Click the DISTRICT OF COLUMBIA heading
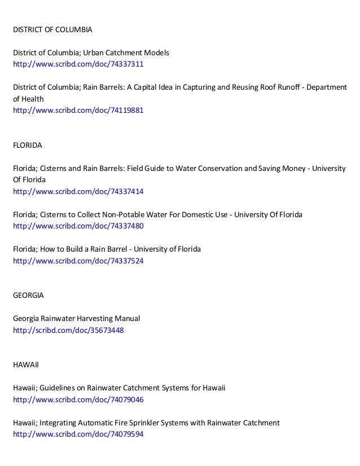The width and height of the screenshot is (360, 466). [x=52, y=29]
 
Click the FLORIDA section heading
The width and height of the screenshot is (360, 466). [x=27, y=145]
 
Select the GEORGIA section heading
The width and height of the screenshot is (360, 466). [x=28, y=295]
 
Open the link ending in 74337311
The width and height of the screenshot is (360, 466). [x=78, y=64]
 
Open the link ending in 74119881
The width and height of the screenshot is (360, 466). [x=78, y=111]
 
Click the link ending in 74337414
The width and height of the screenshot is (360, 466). [x=78, y=192]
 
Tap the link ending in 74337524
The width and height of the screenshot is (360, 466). [x=78, y=261]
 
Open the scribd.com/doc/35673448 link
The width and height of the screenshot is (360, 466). [x=68, y=331]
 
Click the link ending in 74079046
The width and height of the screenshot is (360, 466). [x=78, y=400]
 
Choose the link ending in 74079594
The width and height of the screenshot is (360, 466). [x=78, y=434]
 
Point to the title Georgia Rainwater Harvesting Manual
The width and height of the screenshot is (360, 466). [x=76, y=319]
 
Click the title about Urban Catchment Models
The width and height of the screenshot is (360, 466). [x=91, y=52]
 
